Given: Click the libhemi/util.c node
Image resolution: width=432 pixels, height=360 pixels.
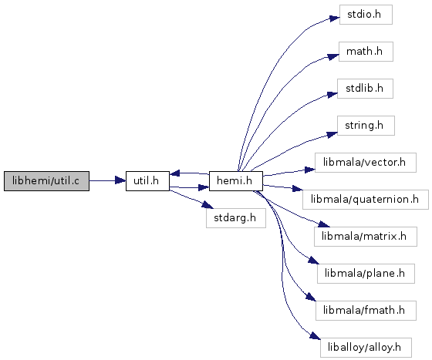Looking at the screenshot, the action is point(46,181).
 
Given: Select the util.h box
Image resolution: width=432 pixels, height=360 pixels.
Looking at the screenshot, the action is point(147,181).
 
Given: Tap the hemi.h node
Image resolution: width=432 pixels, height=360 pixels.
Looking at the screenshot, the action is point(236,181).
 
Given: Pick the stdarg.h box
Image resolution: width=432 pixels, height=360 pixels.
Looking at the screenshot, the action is point(236,218).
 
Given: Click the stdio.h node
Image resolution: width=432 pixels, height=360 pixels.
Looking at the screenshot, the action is point(366,15).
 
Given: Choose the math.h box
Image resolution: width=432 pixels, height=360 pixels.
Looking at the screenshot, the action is point(366,52).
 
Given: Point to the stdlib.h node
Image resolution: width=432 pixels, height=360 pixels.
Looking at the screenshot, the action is point(365,89).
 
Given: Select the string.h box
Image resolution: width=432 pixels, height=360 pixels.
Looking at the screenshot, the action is point(366,126).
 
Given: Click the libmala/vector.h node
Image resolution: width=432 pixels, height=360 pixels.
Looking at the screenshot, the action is point(366,163).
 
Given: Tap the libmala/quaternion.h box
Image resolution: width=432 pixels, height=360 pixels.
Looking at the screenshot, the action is point(366,200).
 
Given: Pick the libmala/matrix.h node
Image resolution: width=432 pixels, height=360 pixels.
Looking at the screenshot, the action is point(366,237).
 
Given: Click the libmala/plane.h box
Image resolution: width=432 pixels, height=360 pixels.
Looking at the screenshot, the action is point(366,274).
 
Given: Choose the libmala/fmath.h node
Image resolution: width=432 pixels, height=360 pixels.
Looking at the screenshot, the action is point(366,311).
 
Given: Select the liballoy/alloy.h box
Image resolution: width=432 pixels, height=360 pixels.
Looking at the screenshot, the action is point(366,348).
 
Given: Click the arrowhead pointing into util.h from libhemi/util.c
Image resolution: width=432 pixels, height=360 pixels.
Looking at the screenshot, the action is point(120,181).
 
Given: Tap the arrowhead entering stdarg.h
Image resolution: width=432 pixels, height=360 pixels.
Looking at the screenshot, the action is point(208,205).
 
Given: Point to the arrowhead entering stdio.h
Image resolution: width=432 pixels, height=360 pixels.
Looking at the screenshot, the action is point(335,19).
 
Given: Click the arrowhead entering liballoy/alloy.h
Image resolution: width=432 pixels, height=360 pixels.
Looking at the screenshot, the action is point(316,336).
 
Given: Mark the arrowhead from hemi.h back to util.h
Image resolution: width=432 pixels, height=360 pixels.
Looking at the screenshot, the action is point(175,173).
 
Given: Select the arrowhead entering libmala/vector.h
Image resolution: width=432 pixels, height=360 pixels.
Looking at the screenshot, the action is point(309,170).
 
